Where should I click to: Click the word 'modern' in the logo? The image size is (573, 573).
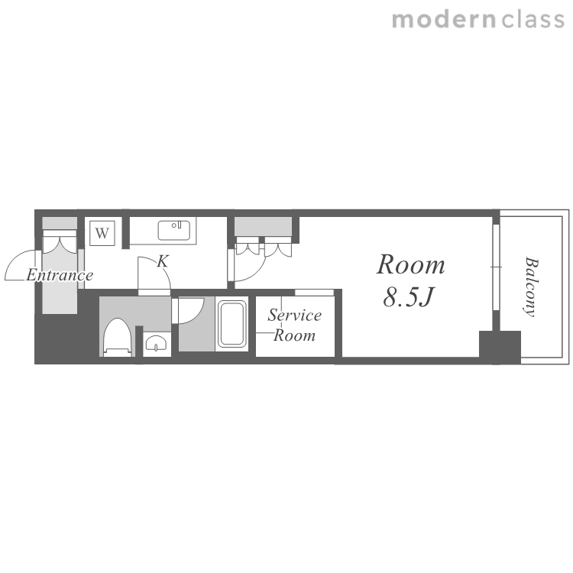point(444,20)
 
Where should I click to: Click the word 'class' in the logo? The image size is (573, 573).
point(533,20)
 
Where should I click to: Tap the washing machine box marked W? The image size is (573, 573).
point(102,233)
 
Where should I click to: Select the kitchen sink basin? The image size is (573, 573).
point(174,230)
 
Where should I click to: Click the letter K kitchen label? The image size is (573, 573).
point(163,261)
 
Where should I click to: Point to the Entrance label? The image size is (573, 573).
point(60,275)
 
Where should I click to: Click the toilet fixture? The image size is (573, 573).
point(118,337)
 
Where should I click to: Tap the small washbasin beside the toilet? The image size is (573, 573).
point(157,343)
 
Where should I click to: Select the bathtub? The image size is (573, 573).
point(232,324)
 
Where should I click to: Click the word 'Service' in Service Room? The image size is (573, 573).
point(295,315)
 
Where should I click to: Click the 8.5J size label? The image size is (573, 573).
point(409,296)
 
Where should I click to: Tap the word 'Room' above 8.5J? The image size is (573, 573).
point(411,264)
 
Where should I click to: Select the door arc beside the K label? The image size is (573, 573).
point(160,266)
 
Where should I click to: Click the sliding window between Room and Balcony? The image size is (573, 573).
point(496,267)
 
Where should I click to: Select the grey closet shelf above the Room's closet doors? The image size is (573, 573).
point(263,227)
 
